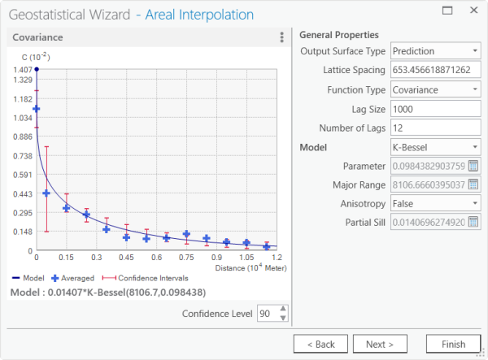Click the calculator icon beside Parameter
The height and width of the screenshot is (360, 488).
pos(474,167)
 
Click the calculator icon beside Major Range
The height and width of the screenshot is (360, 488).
pos(474,184)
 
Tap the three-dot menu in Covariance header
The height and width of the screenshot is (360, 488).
pos(281,37)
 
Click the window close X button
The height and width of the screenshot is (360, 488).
pos(472,12)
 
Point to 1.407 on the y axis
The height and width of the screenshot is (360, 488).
pos(21,70)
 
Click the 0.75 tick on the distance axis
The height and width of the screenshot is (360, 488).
pos(186,257)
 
